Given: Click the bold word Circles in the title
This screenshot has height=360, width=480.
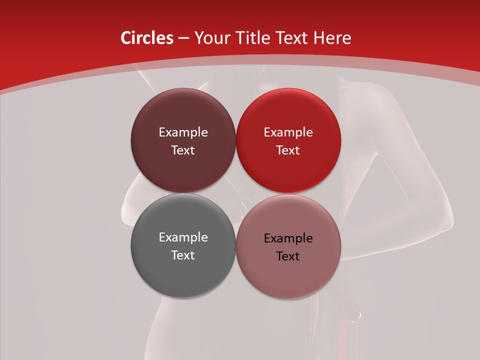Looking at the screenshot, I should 146,38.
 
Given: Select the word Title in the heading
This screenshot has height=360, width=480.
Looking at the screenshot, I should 253,38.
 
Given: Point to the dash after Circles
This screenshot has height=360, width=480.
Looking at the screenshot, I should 183,38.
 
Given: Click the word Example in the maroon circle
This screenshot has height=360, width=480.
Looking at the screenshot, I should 183,132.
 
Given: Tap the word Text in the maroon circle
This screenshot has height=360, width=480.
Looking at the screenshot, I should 183,150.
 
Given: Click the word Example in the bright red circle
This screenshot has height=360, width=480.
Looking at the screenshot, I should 288,132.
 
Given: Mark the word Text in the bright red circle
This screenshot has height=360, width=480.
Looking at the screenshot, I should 288,150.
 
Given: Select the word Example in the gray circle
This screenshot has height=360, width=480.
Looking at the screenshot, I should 183,237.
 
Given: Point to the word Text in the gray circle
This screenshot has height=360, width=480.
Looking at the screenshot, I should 183,255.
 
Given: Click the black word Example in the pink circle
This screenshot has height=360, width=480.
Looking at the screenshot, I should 288,238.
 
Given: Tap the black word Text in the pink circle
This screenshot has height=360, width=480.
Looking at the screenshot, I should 288,256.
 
